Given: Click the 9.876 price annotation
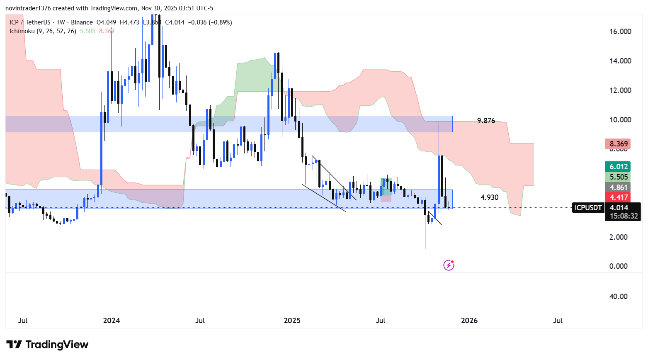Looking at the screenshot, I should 486,121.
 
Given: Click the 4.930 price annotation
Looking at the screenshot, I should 489,197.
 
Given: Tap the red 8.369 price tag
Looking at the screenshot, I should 618,144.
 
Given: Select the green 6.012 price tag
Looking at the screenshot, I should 618,167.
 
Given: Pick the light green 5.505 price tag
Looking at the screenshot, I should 618,177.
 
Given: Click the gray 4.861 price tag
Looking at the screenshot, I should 618,187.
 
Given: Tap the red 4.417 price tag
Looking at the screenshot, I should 618,197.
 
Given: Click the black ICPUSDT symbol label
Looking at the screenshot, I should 588,208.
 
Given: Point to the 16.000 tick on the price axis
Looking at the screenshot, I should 620,32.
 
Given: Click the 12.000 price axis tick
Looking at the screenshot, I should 620,90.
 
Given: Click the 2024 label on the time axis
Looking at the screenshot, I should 112,321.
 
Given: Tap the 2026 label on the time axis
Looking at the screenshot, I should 469,321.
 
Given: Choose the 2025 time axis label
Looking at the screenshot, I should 292,321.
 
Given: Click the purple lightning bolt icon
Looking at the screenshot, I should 449,265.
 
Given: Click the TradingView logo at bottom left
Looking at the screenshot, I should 48,345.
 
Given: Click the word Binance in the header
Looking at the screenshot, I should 82,22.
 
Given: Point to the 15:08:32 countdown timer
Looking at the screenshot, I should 624,216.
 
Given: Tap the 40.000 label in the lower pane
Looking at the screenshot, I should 618,297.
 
